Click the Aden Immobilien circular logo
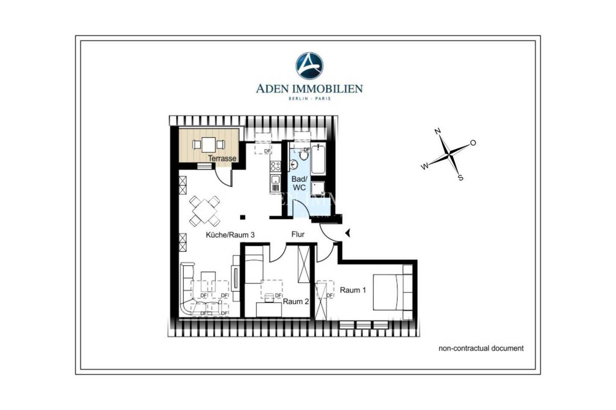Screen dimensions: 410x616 pyautogui.click(x=309, y=66)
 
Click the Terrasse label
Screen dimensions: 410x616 pyautogui.click(x=222, y=158)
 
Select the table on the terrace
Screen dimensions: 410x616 pyautogui.click(x=209, y=144)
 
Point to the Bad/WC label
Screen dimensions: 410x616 pyautogui.click(x=299, y=183)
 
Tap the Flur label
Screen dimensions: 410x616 pyautogui.click(x=298, y=234)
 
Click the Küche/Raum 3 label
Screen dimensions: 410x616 pyautogui.click(x=230, y=235)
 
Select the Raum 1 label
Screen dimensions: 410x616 pyautogui.click(x=353, y=290)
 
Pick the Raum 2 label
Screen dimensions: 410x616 pyautogui.click(x=296, y=302)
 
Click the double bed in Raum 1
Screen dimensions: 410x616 pyautogui.click(x=387, y=292)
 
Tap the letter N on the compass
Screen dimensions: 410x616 pyautogui.click(x=438, y=132)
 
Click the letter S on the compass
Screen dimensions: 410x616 pyautogui.click(x=461, y=178)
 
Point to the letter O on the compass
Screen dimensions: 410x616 pyautogui.click(x=473, y=143)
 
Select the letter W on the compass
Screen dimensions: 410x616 pyautogui.click(x=424, y=167)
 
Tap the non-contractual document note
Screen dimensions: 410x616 pyautogui.click(x=481, y=348)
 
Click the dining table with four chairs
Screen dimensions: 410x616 pyautogui.click(x=205, y=211)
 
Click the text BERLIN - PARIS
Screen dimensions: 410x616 pyautogui.click(x=309, y=99)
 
